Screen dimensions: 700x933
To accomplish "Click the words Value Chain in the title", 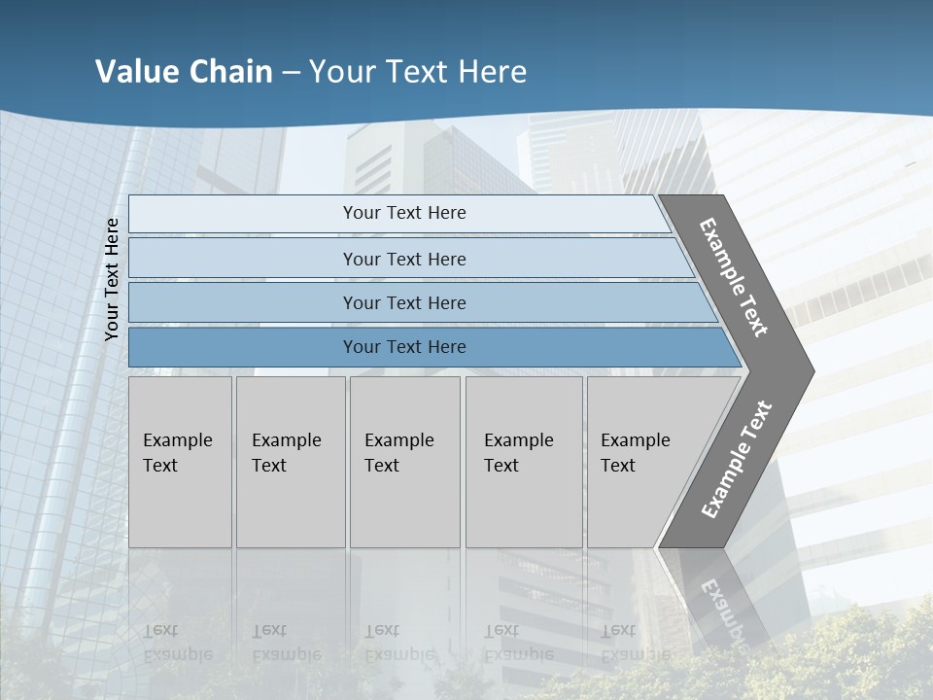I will (184, 71).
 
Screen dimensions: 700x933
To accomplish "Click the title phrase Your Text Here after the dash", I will (418, 71).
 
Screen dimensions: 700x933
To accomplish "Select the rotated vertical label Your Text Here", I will (112, 279).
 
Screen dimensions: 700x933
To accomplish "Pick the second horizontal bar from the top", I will (403, 259).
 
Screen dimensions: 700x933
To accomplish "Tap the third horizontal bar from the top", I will (403, 302).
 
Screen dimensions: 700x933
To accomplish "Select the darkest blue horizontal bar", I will (403, 347).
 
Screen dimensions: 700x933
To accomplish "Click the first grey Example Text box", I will (180, 462).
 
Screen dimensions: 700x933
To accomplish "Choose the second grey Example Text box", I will (290, 462).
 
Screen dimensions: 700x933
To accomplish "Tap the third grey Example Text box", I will (403, 462).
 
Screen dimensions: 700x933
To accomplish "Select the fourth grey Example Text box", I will (523, 462).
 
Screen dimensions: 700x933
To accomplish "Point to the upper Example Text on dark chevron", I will (734, 277).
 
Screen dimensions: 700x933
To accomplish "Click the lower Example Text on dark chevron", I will (737, 460).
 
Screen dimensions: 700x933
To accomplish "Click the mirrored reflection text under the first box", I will (177, 643).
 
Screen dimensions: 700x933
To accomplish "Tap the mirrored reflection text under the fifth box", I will (635, 643).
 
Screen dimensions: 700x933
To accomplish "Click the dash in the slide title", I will (291, 72).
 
